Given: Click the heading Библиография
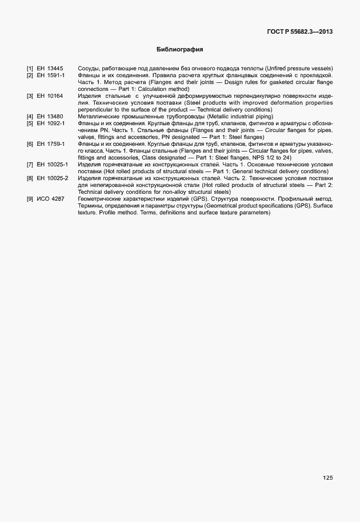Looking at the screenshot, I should point(180,50).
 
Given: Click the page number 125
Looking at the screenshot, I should point(327,477).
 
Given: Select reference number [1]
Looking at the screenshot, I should point(30,69).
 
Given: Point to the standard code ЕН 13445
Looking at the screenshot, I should point(50,69).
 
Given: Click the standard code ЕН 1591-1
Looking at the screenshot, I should point(51,75).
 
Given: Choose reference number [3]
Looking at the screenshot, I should point(30,96).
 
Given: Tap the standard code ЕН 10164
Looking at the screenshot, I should point(50,96).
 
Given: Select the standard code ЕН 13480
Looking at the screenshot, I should point(50,117).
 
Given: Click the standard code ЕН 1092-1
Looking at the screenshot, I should point(51,123).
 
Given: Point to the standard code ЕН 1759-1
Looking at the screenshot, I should point(51,144).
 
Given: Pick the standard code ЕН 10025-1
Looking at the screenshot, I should point(53,165).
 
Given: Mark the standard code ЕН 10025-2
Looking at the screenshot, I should point(53,178).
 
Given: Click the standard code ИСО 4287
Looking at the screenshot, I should point(50,199).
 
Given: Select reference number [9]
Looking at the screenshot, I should point(30,199).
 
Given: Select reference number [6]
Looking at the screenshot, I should point(30,144).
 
